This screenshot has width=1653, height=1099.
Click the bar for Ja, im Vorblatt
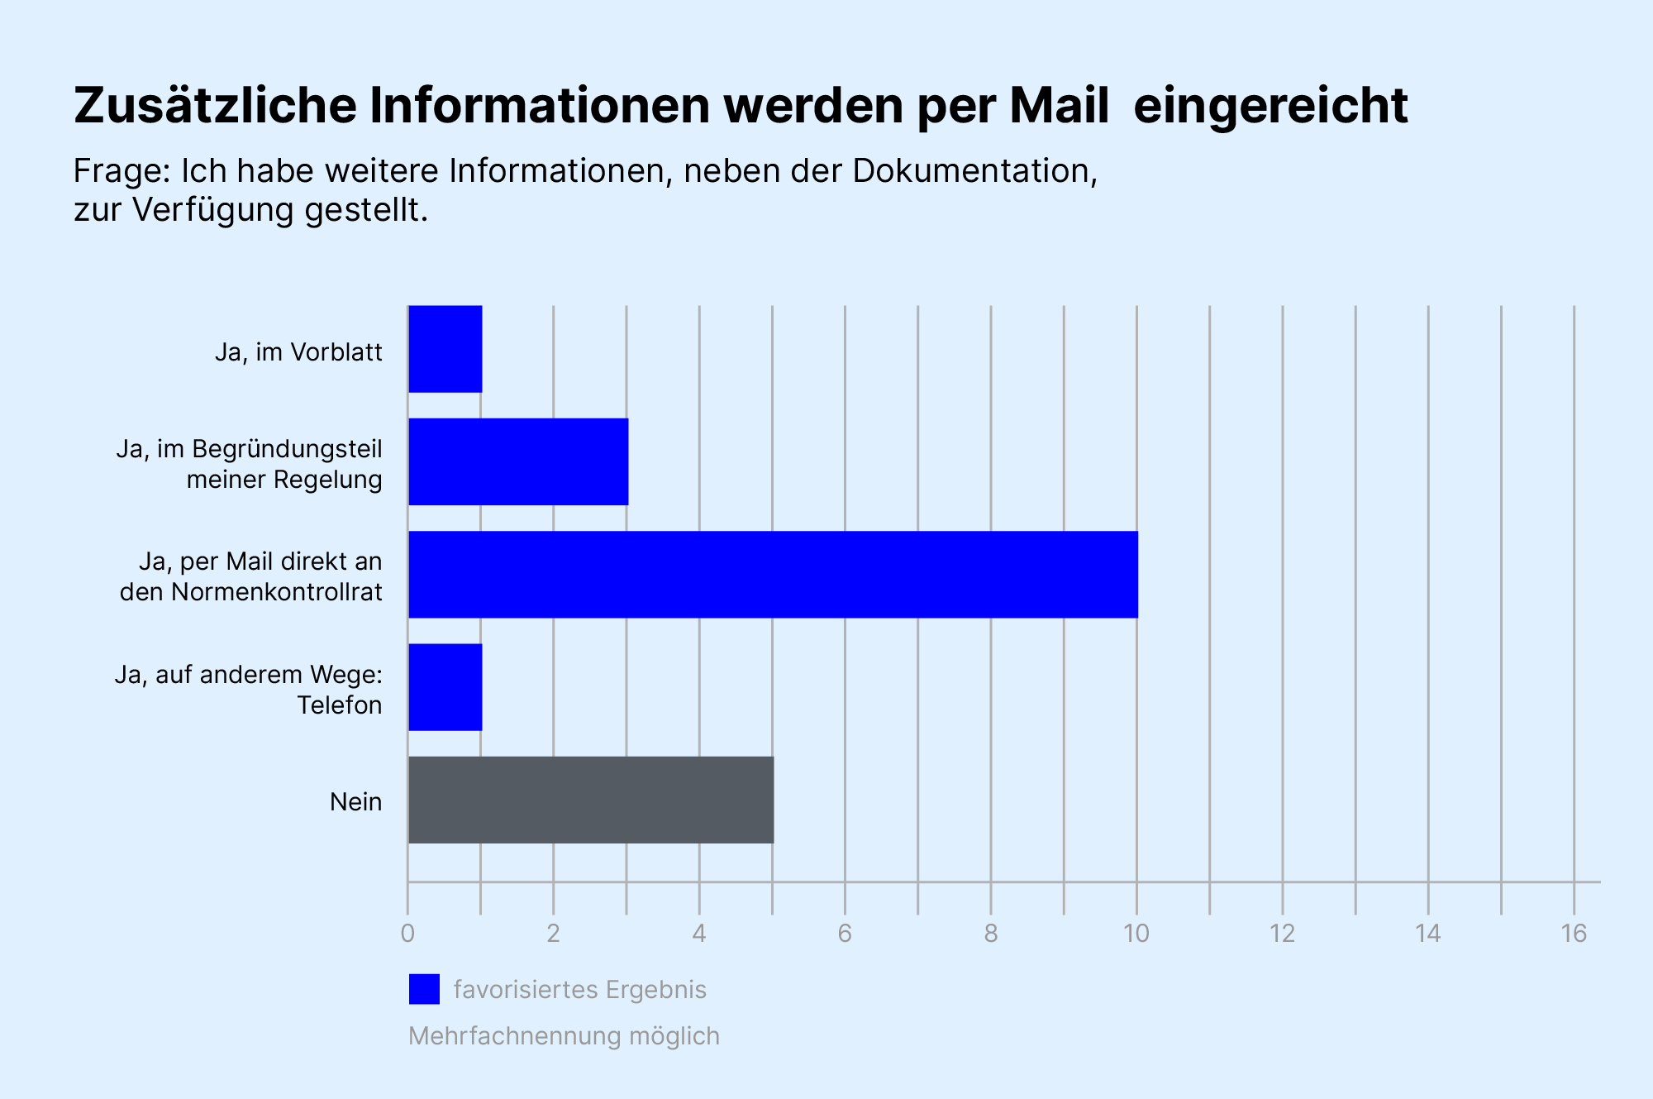tap(445, 349)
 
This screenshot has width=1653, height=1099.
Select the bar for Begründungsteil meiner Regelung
tap(518, 461)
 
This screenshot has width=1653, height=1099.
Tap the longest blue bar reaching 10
tap(773, 575)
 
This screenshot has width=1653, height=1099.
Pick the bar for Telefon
tap(445, 687)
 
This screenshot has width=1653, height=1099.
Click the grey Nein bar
tap(591, 800)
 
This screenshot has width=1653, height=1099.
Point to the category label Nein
tap(355, 802)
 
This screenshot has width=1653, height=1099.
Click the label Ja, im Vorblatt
tap(298, 352)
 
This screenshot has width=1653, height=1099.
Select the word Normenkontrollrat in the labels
tap(277, 592)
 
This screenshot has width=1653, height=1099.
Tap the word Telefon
tap(340, 705)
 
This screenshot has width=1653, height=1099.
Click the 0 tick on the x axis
tap(407, 934)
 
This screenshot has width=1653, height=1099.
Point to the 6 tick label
tap(845, 934)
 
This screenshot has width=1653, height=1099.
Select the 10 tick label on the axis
tap(1136, 934)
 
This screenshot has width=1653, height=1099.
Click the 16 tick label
tap(1574, 934)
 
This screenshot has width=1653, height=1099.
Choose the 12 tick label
tap(1282, 934)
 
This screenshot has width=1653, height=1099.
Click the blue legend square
tap(424, 989)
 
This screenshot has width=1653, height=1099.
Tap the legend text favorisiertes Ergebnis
tap(579, 990)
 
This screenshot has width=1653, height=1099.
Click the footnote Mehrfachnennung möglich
tap(564, 1036)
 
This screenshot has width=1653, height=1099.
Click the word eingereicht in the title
tap(1270, 106)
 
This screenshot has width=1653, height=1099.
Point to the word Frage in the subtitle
tap(121, 171)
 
